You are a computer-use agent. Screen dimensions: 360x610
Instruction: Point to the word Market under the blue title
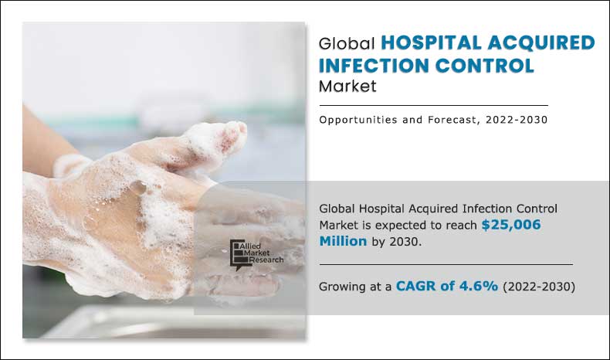(347, 86)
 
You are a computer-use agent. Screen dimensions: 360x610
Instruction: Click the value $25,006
(510, 225)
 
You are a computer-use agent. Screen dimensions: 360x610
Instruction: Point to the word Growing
(342, 287)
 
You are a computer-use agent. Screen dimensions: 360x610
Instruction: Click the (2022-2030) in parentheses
(539, 287)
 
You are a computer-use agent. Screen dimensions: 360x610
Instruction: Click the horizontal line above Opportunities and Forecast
(432, 105)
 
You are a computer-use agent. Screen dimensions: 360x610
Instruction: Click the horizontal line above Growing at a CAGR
(446, 264)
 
